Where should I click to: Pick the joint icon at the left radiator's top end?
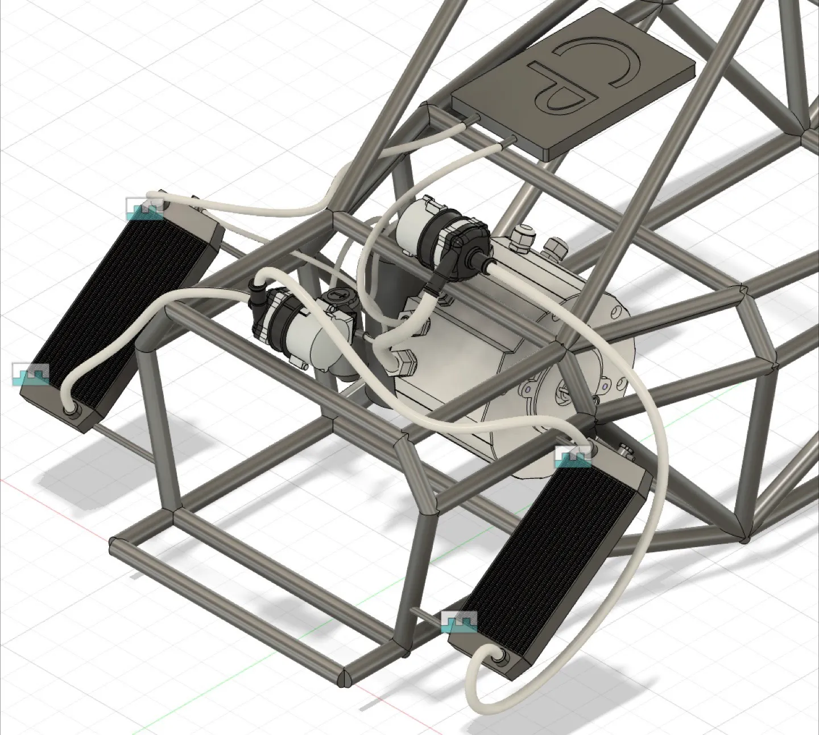click(144, 209)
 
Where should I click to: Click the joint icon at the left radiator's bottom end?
click(31, 374)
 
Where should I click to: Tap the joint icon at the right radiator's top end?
click(573, 457)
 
